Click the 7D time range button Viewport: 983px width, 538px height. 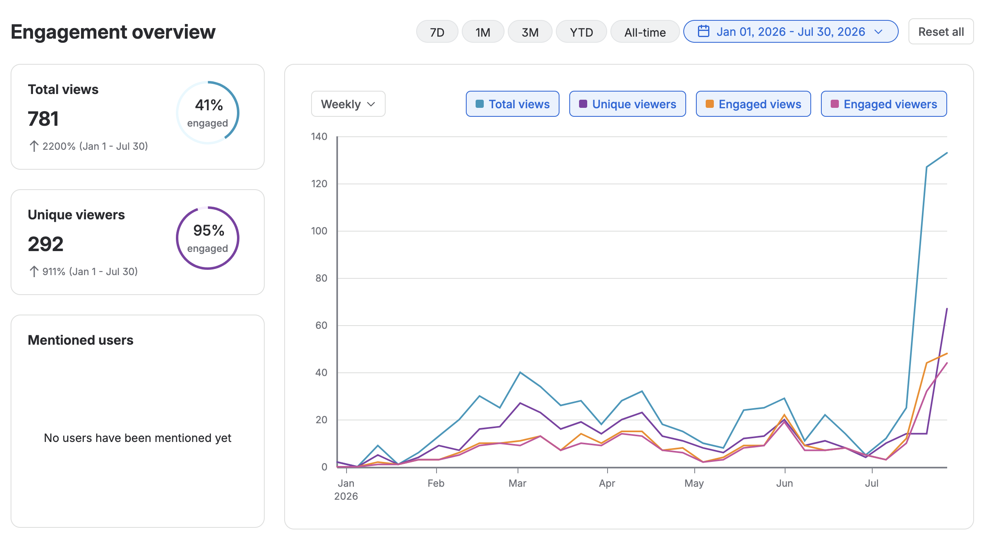[x=437, y=32]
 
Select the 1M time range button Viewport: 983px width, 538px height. [x=483, y=32]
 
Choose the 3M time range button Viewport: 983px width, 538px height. [x=530, y=32]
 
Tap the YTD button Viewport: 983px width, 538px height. [x=581, y=32]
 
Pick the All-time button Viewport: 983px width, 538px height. [x=645, y=32]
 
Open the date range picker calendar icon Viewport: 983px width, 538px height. [x=704, y=31]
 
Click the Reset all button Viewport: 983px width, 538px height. [x=941, y=32]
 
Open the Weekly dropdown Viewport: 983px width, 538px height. [x=348, y=104]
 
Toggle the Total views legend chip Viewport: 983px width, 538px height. [x=513, y=104]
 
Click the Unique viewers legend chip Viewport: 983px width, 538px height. [x=628, y=104]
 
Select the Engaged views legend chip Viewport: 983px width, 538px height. [x=753, y=104]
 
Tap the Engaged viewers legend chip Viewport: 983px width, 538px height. [x=884, y=104]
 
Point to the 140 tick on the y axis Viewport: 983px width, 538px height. [x=319, y=136]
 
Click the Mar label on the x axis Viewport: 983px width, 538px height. [x=518, y=483]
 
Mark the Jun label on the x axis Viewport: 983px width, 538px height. [x=785, y=483]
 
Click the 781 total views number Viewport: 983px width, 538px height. [x=43, y=119]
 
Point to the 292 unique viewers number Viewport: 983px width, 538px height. [x=46, y=244]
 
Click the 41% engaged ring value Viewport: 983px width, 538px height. [x=209, y=105]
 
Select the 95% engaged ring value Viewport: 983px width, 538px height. [x=209, y=230]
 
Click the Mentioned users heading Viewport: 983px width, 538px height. [x=81, y=340]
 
